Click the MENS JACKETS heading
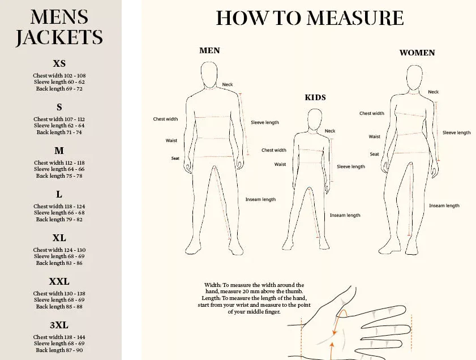(59, 27)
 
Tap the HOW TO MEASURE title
(310, 18)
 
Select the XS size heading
(59, 63)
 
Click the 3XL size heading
(59, 325)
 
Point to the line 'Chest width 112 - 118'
(59, 162)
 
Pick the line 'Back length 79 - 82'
(59, 219)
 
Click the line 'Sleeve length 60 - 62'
(59, 82)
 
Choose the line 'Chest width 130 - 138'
(59, 294)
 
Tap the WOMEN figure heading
(417, 53)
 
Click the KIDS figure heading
(315, 97)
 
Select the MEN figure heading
(209, 50)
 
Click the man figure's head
(209, 75)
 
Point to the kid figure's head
(315, 119)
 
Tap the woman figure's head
(414, 78)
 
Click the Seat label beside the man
(175, 158)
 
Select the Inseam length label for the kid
(345, 215)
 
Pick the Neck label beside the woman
(433, 92)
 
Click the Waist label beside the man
(171, 140)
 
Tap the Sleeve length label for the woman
(457, 132)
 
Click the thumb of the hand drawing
(334, 303)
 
